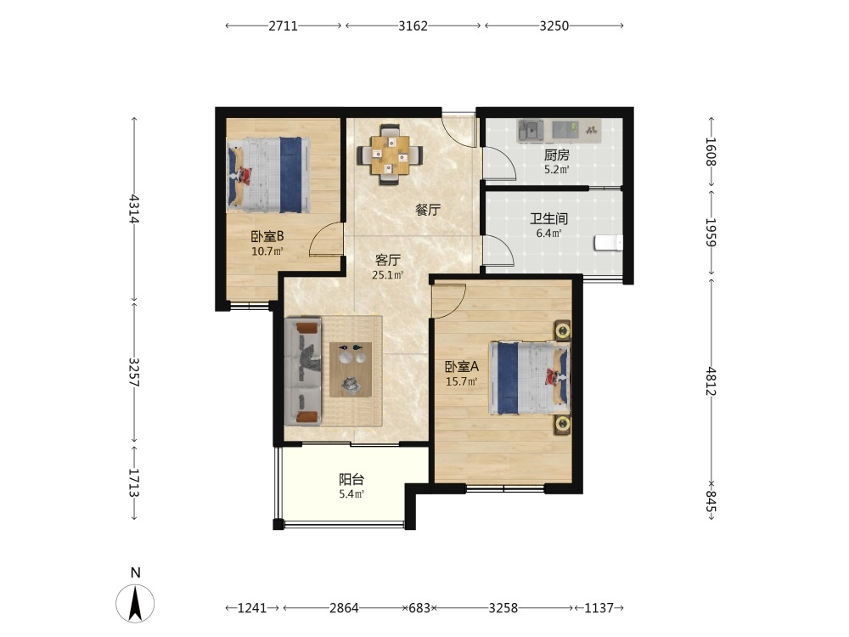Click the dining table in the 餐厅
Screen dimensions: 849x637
(x=390, y=155)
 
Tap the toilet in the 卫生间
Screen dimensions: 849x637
(x=608, y=243)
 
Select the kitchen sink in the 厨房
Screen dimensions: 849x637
(x=531, y=131)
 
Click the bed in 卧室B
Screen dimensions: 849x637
(x=269, y=175)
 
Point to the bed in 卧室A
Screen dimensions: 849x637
(x=530, y=378)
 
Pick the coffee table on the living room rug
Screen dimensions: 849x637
(x=351, y=369)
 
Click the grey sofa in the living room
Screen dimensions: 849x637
(x=303, y=371)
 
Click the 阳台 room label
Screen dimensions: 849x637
(x=351, y=479)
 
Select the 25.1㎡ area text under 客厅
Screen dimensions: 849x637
(x=388, y=275)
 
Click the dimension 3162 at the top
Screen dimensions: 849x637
(x=413, y=25)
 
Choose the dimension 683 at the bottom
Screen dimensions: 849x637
(x=419, y=608)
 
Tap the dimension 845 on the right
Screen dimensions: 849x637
(x=711, y=501)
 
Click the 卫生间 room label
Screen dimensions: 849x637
(x=548, y=219)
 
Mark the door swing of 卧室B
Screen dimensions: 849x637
(x=326, y=239)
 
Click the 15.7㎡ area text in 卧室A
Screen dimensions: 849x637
(x=461, y=381)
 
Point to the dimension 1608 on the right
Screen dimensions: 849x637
(x=711, y=152)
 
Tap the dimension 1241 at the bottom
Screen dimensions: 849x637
(x=252, y=608)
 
